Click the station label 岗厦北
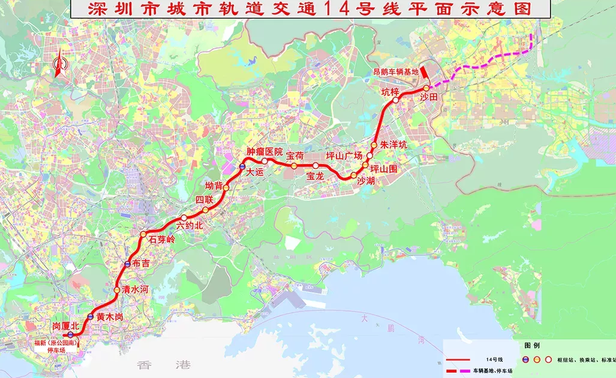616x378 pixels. tap(65, 325)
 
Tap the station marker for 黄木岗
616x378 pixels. tap(90, 316)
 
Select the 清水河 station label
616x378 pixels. tap(134, 289)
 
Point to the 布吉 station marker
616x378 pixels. tap(128, 264)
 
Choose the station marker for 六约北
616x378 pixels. tap(184, 218)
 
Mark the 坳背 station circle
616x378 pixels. tap(227, 188)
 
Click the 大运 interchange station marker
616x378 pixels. tap(242, 166)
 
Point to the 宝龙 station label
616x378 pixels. tap(315, 176)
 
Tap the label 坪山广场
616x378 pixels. tap(344, 155)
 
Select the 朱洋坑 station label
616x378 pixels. tap(393, 145)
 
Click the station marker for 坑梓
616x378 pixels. tap(396, 101)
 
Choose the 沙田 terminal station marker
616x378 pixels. tap(426, 89)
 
